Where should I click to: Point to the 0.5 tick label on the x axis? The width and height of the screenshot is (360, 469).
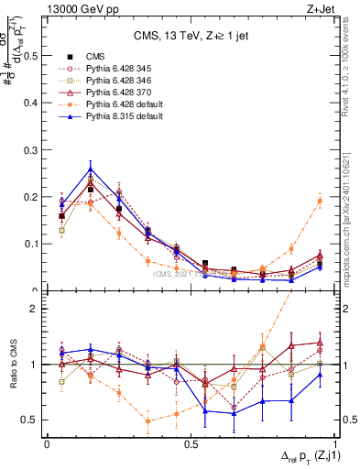point(191,443)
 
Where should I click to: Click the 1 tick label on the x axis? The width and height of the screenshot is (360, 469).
point(334,443)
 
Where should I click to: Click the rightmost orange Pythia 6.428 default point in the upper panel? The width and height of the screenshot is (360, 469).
point(320,201)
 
